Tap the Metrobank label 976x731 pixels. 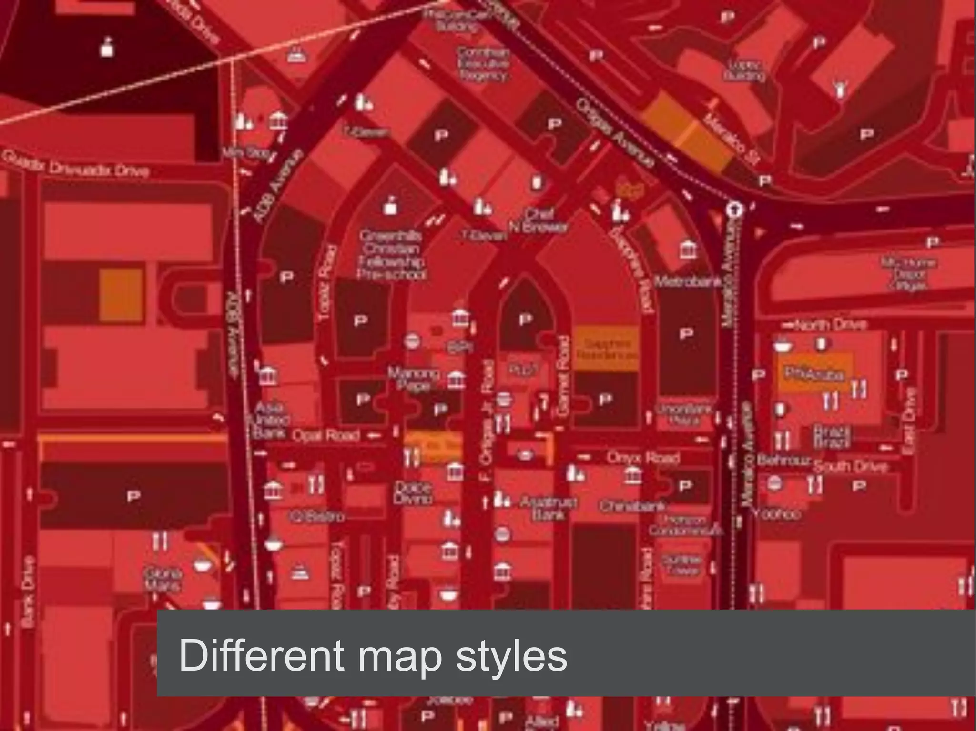pos(688,281)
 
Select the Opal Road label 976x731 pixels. pos(326,435)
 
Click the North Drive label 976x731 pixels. pos(830,325)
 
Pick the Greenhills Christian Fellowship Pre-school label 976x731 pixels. pos(392,255)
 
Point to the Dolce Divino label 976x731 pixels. pos(413,493)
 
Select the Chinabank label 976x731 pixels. pos(632,506)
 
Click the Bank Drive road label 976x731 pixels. pos(28,591)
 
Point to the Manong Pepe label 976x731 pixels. pos(413,379)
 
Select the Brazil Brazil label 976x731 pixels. pos(832,437)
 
